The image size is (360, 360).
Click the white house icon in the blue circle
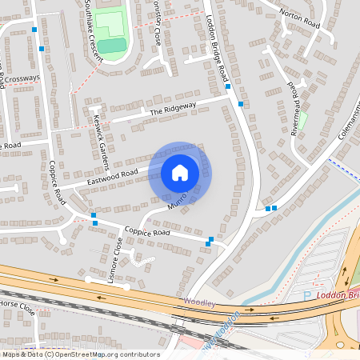pyautogui.click(x=180, y=172)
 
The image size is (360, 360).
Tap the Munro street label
pyautogui.click(x=178, y=201)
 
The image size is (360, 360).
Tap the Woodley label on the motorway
pyautogui.click(x=198, y=302)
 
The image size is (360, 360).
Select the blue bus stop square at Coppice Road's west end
pyautogui.click(x=94, y=215)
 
